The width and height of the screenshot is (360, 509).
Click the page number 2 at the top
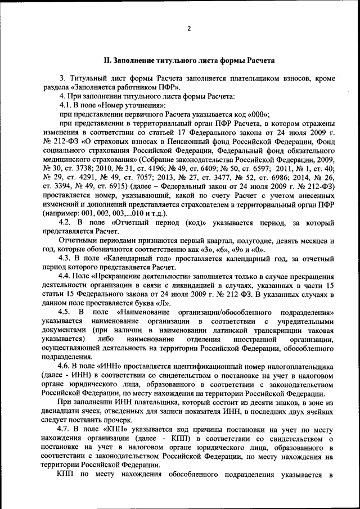[190, 28]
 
